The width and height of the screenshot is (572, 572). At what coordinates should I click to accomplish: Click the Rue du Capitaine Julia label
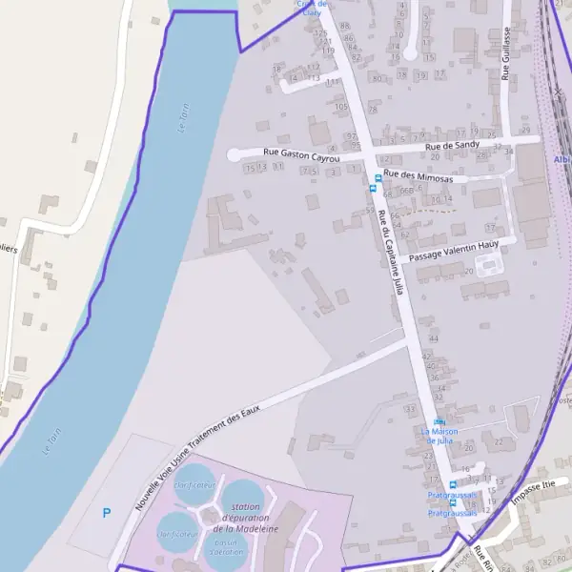[x=391, y=252]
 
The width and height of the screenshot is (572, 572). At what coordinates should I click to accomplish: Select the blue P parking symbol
[x=107, y=514]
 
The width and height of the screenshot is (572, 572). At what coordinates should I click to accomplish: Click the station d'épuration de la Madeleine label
[x=246, y=518]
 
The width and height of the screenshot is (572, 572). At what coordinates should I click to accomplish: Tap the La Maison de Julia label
[x=439, y=436]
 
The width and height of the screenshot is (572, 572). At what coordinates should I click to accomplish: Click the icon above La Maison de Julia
[x=439, y=421]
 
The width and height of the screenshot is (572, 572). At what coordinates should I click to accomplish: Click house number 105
[x=341, y=107]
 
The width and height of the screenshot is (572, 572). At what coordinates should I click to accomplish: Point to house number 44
[x=434, y=338]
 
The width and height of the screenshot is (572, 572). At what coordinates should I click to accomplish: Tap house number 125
[x=320, y=33]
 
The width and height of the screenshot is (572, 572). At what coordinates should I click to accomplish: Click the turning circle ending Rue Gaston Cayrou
[x=234, y=154]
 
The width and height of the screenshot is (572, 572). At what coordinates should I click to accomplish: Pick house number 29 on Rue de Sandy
[x=526, y=130]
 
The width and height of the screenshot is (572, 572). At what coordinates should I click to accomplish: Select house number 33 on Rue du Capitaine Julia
[x=410, y=409]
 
